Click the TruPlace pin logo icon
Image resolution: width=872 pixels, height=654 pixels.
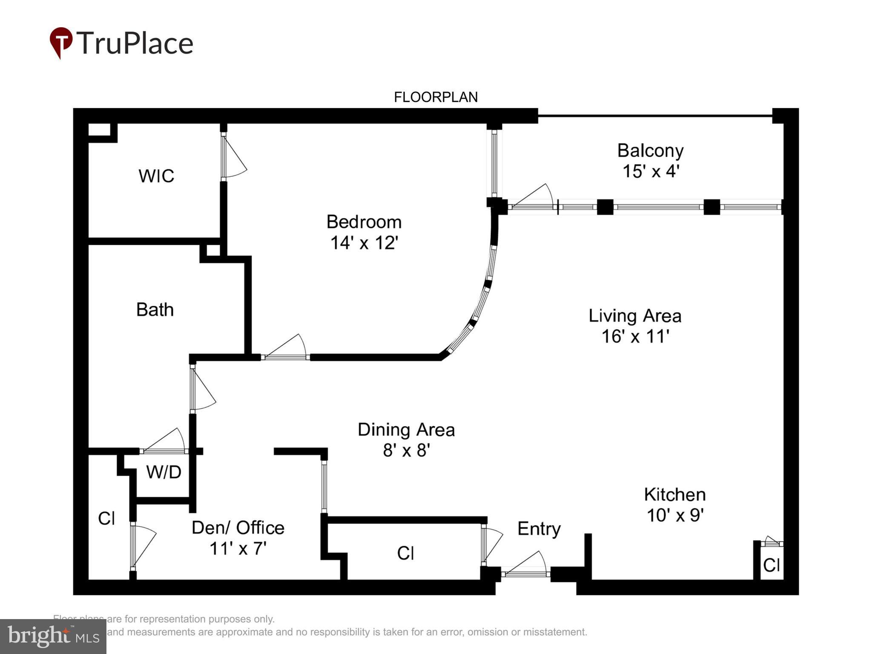click(61, 43)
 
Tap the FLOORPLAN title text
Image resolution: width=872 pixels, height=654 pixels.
click(436, 98)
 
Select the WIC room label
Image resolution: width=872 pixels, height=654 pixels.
click(156, 176)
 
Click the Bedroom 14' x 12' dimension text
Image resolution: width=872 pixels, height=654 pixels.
click(364, 243)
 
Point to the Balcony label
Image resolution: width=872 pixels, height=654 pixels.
click(650, 151)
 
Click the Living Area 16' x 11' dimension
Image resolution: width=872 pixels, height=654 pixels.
click(635, 336)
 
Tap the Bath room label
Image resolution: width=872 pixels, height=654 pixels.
click(155, 310)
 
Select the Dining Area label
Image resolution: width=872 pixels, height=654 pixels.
click(406, 430)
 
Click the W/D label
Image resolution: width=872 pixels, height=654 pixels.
click(163, 472)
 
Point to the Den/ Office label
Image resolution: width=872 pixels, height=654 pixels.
click(238, 528)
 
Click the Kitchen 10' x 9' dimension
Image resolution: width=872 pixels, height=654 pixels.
click(675, 515)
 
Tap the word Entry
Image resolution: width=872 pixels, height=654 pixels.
click(539, 529)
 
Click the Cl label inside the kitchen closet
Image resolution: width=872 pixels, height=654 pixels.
click(771, 565)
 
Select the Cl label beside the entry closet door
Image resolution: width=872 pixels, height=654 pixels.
click(405, 553)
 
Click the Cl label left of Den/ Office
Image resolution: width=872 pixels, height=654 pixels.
click(106, 518)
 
